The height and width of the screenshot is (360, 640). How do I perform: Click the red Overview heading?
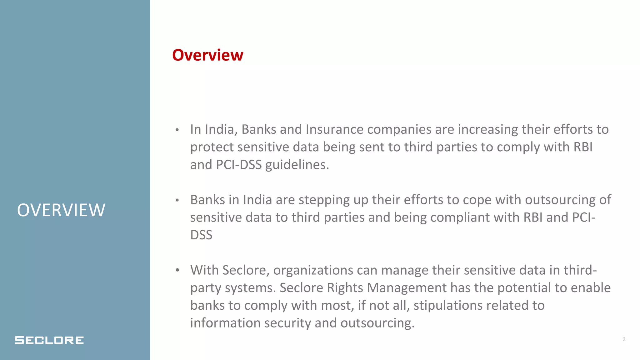(207, 55)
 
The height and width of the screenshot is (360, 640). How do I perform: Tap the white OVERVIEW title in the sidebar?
(61, 210)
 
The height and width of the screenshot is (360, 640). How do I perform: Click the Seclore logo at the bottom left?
(49, 340)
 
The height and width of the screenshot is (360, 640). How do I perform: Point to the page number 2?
(624, 339)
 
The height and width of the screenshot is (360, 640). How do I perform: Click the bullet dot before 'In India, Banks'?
(177, 130)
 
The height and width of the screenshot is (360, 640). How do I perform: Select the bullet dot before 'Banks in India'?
(177, 200)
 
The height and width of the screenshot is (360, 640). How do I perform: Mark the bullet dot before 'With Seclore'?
(177, 270)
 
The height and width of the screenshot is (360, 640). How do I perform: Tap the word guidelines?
(297, 165)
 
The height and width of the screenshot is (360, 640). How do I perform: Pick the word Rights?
(345, 288)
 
